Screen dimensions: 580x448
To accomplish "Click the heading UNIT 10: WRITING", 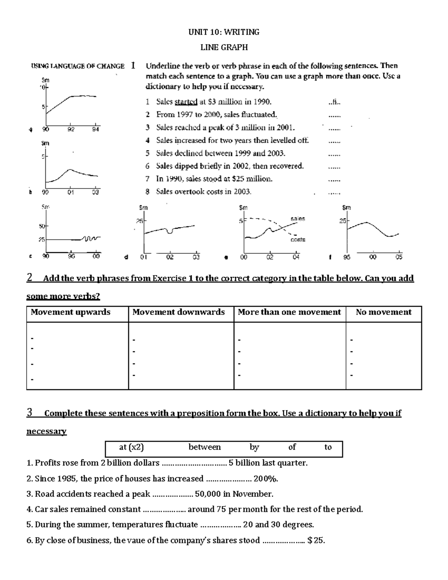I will click(x=224, y=32).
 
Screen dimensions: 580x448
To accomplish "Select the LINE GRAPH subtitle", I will click(x=224, y=47).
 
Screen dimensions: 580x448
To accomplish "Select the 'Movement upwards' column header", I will click(x=71, y=312).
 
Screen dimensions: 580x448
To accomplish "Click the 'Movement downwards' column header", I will click(x=178, y=312).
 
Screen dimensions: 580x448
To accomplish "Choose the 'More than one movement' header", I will click(x=289, y=312).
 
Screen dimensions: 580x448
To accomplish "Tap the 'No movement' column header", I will click(x=383, y=312).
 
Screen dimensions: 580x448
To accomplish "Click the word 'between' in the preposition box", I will click(x=205, y=447).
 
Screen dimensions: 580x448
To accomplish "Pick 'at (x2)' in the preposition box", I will click(x=131, y=447).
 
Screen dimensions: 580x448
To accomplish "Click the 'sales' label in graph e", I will click(x=298, y=218).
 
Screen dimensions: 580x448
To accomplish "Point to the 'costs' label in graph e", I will click(x=298, y=239).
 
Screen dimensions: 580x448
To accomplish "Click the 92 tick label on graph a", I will click(x=71, y=130).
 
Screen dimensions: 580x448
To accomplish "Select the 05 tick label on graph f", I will click(x=399, y=257).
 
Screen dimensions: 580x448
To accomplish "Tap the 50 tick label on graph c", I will click(x=41, y=226).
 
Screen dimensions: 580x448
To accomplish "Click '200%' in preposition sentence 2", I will click(x=265, y=479).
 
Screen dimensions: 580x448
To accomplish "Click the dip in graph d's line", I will click(x=170, y=232).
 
